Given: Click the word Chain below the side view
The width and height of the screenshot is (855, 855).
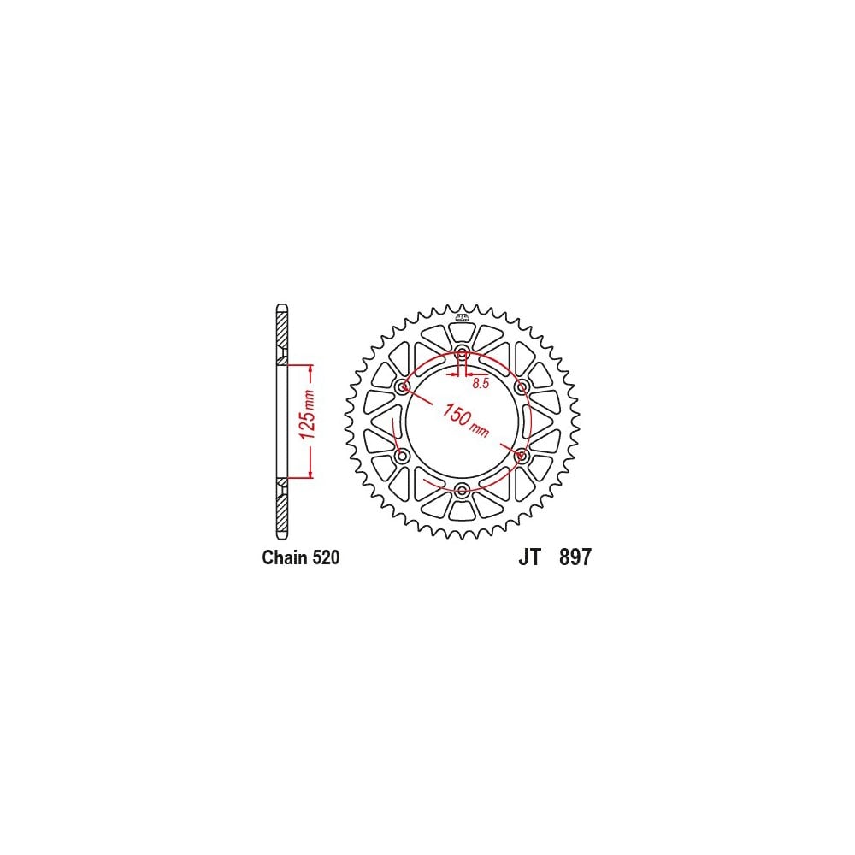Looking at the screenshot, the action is tap(286, 557).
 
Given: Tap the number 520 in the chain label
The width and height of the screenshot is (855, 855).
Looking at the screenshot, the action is tap(327, 557).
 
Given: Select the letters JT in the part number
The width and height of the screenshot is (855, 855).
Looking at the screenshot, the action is tap(529, 557).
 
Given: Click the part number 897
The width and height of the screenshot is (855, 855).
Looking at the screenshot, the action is tap(575, 557).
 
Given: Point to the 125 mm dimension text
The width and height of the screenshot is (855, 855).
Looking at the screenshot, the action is tap(308, 415).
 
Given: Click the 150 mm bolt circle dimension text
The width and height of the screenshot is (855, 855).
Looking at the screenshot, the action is tap(465, 420).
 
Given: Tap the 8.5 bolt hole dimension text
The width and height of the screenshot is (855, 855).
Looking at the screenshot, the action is tap(481, 383).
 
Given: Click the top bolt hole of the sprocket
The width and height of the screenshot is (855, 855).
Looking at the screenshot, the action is tap(463, 352).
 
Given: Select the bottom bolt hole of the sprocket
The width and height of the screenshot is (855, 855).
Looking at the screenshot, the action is tap(463, 490).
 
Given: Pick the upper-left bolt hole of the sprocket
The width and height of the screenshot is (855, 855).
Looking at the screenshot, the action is tap(403, 387).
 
